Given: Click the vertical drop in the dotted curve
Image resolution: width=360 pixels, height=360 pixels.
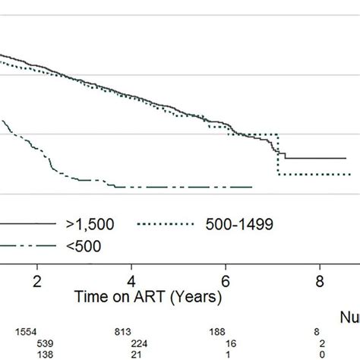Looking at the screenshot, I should [x=278, y=155].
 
